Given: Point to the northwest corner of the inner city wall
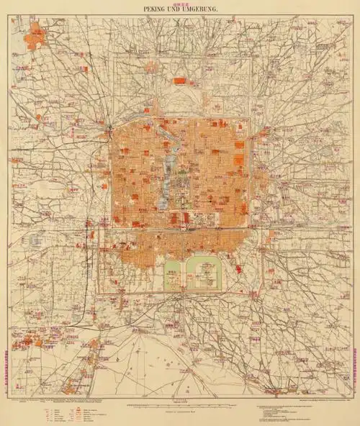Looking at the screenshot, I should pos(110,128).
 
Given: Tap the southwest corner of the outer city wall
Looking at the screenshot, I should pos(99,291).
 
